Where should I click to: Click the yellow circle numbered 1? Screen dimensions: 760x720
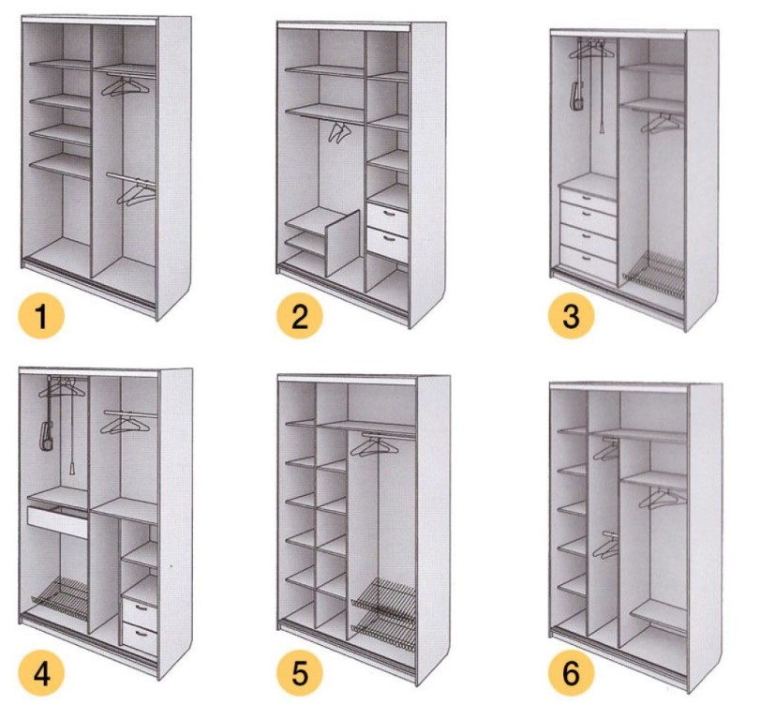point(41,317)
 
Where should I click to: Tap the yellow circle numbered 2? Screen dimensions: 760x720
point(300,317)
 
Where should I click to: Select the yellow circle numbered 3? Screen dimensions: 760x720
point(572,317)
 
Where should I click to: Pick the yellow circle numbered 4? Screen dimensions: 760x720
point(41,672)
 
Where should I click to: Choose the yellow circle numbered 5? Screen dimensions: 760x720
point(300,672)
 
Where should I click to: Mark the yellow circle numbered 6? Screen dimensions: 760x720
point(572,672)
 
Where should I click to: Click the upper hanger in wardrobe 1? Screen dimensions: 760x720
point(125,87)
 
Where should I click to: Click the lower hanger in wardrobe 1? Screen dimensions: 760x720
point(137,194)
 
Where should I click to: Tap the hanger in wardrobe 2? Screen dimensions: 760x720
point(339,132)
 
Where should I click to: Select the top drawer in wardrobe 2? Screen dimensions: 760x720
point(387,216)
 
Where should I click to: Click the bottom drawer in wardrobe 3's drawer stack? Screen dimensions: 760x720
point(588,261)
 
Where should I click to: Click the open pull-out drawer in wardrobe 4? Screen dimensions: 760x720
point(58,521)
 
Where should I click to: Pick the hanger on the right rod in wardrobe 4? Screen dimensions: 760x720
point(124,424)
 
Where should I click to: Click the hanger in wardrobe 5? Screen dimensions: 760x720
point(374,447)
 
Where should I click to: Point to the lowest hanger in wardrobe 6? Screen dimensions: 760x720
point(606,547)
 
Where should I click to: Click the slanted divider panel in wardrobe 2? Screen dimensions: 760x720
point(343,244)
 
